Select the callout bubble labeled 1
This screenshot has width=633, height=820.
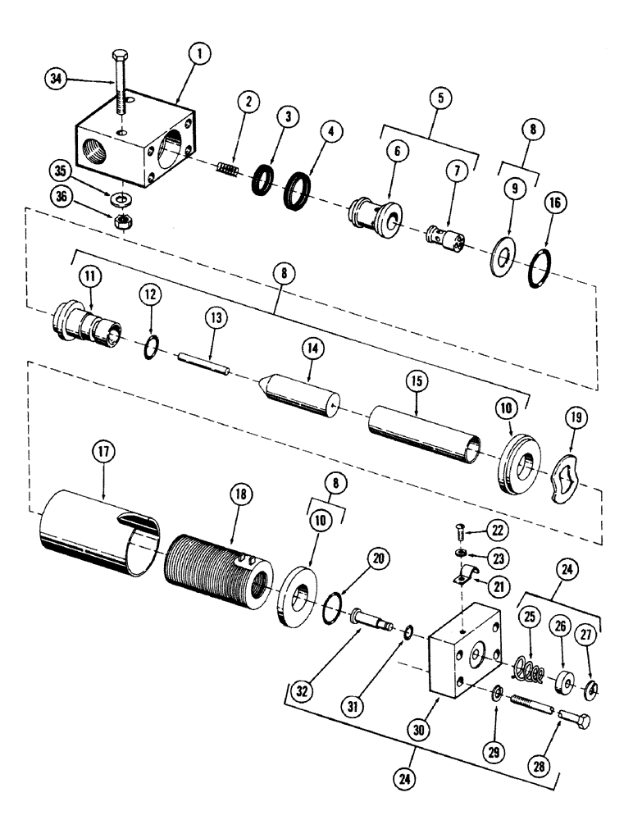coord(201,55)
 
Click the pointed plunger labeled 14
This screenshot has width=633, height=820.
coord(300,395)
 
